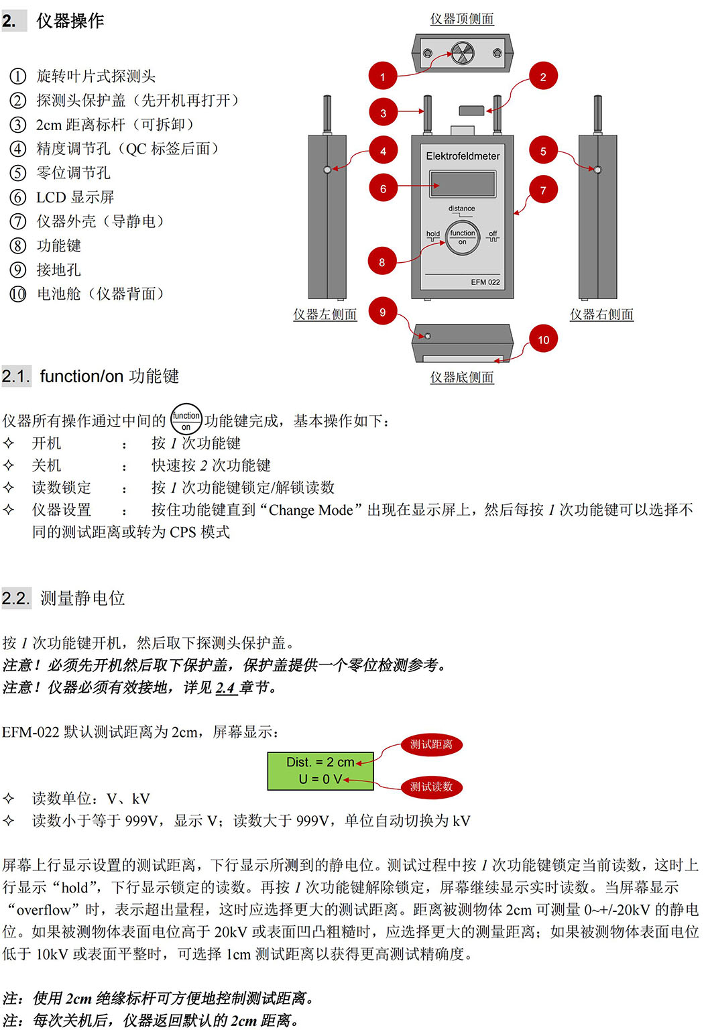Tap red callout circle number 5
point(543,151)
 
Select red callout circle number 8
point(382,262)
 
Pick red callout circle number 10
point(544,339)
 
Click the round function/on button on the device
point(463,238)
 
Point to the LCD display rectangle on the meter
point(463,184)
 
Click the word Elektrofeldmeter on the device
point(463,156)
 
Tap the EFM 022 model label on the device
point(485,282)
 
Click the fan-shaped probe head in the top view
point(462,53)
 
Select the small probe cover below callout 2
point(471,111)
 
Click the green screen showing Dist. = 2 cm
point(320,770)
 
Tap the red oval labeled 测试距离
point(431,744)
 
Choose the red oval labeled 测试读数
point(431,787)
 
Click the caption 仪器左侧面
point(325,314)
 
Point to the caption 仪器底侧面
point(462,378)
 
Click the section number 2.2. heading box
point(17,598)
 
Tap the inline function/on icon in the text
point(186,419)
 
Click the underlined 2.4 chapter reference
point(226,688)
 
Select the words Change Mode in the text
point(311,510)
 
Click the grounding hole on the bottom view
point(428,337)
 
